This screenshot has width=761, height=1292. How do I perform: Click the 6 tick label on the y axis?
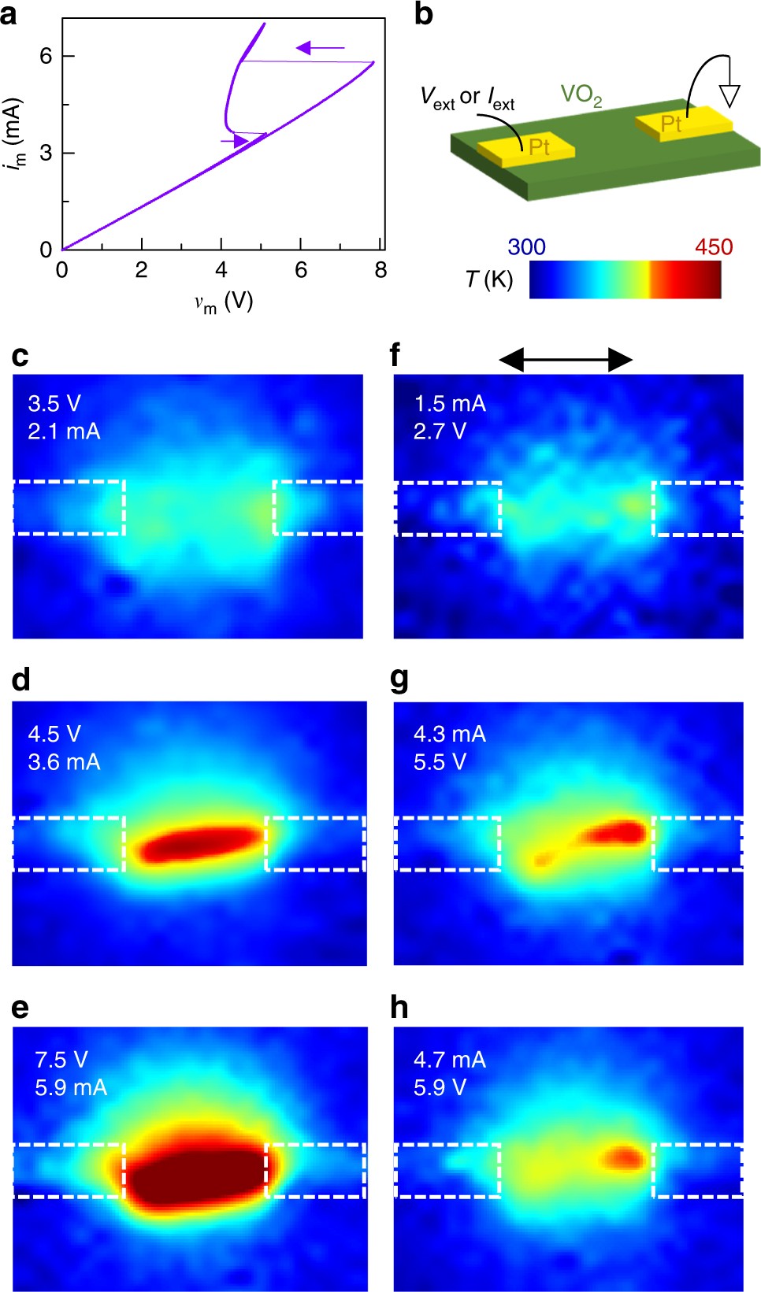pos(46,55)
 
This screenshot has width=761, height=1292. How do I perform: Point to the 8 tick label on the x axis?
pos(380,271)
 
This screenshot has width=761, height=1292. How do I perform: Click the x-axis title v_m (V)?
pos(224,302)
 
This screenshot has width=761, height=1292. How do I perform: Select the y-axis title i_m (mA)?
pos(13,132)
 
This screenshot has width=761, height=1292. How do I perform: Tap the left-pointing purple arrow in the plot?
pos(319,49)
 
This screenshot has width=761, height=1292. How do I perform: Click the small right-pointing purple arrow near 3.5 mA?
pos(235,141)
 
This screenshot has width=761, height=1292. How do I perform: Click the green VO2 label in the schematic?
pos(581,95)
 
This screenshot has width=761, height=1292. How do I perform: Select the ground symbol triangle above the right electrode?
pos(729,95)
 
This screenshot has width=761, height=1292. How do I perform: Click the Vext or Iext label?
pos(467,98)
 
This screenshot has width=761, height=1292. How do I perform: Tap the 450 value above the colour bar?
pos(713,247)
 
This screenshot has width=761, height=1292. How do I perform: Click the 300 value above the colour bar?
pos(526,247)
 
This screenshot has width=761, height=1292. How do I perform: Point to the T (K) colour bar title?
pos(488,280)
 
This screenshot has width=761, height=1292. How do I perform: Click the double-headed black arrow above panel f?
pos(566,361)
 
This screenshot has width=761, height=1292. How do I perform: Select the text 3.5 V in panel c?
pos(54,404)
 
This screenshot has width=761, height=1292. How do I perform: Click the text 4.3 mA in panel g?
pos(450,735)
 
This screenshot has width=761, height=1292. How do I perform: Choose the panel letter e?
pos(20,1008)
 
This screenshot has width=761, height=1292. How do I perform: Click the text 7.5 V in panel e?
pos(61,1060)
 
